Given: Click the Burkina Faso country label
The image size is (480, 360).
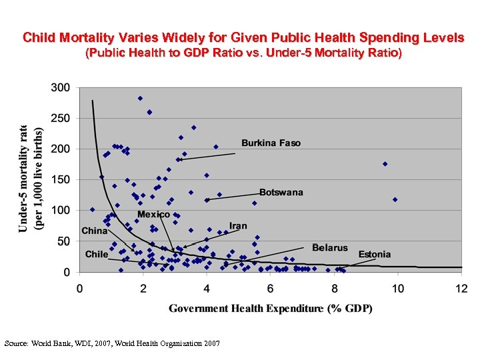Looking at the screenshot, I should [271, 143].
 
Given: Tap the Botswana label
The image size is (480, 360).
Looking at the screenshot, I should [281, 192].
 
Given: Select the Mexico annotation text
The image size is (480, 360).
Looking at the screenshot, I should [153, 215].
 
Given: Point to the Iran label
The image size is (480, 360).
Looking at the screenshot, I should [238, 226].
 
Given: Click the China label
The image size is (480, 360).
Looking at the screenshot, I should [95, 231].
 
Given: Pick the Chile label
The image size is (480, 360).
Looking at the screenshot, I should [96, 254].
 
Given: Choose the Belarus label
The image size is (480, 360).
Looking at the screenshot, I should [329, 247].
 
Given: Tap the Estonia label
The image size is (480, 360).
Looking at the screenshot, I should [375, 254].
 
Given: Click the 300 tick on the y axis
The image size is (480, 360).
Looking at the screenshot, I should [61, 87].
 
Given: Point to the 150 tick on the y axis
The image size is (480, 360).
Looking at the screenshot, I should [61, 179].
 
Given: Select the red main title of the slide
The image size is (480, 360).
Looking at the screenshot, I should [243, 37].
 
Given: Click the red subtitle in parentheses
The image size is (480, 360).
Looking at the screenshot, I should [243, 53].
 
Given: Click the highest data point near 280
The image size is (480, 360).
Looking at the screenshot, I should [140, 98].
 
